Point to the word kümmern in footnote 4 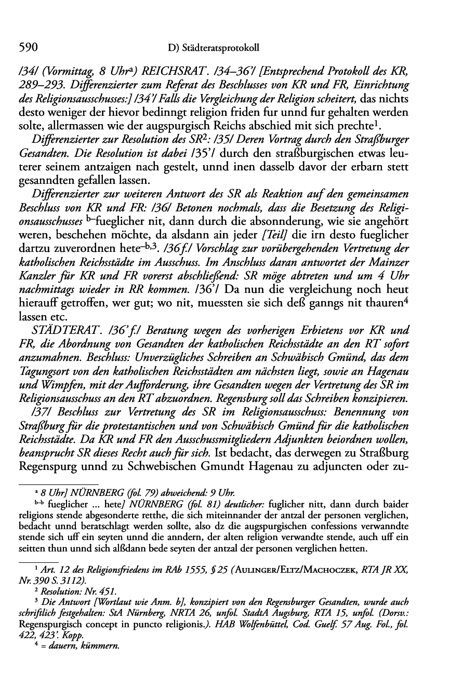(102, 646)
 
